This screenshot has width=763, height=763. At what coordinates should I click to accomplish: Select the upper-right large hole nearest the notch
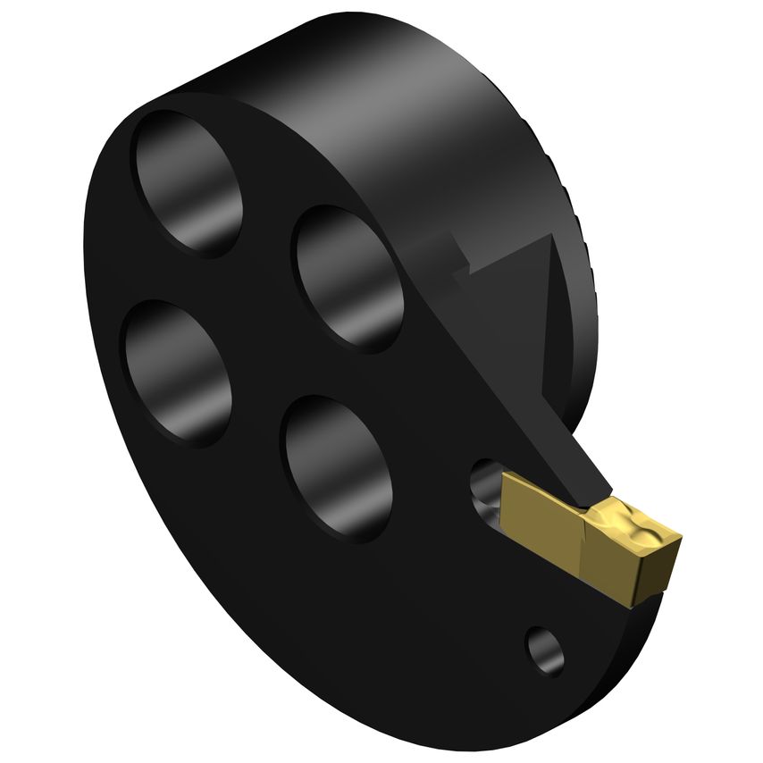(348, 277)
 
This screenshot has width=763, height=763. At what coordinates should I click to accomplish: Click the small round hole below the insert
(545, 650)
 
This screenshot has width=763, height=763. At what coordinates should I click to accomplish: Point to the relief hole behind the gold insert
(485, 491)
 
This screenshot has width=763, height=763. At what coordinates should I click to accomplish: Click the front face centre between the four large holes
(259, 340)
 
